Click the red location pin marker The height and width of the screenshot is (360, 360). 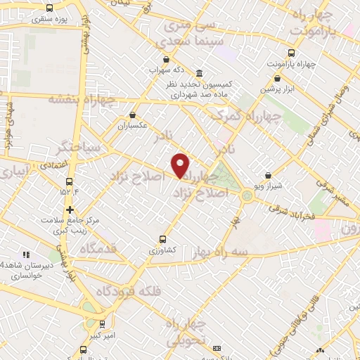pos(181,165)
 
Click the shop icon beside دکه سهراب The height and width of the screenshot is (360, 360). pos(166,60)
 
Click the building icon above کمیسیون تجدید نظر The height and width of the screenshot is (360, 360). pos(200,74)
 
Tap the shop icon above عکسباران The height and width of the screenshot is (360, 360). pos(132,115)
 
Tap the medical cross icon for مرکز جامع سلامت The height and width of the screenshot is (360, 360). pos(70,210)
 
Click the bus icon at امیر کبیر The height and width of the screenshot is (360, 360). pos(103,324)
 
